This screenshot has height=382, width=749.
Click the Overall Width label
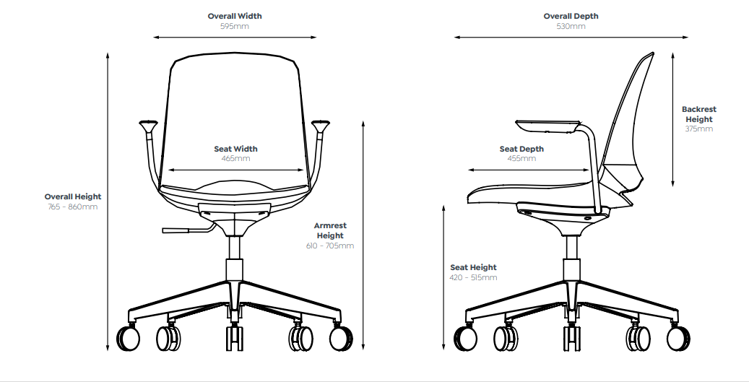235,16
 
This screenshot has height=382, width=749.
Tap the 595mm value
235,26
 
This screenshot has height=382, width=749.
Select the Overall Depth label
571,16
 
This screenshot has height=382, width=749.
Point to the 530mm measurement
571,26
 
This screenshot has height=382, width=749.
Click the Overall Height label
73,196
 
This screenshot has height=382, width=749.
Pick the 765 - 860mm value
73,207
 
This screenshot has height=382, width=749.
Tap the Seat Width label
235,149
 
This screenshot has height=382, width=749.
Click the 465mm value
235,158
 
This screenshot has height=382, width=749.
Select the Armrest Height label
330,230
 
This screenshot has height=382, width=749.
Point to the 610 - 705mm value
330,246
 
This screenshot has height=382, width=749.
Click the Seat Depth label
521,149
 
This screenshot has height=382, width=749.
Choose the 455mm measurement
521,158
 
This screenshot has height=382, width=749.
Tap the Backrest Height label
699,114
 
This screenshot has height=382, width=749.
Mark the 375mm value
699,129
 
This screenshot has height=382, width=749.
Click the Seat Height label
473,267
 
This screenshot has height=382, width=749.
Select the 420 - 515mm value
473,277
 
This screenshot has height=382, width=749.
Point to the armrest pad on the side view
549,125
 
